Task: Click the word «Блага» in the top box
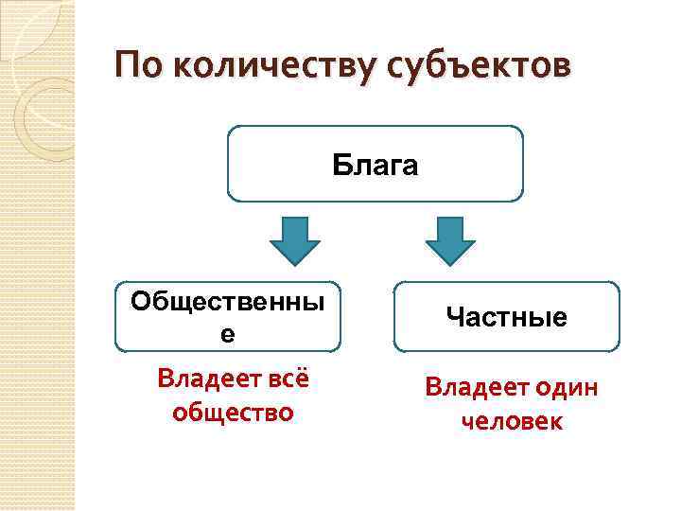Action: [375, 165]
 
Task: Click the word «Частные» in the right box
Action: [506, 317]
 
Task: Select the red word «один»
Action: [565, 389]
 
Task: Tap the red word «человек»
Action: [512, 421]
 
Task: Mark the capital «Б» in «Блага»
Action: [340, 165]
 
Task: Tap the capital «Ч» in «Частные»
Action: [453, 317]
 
